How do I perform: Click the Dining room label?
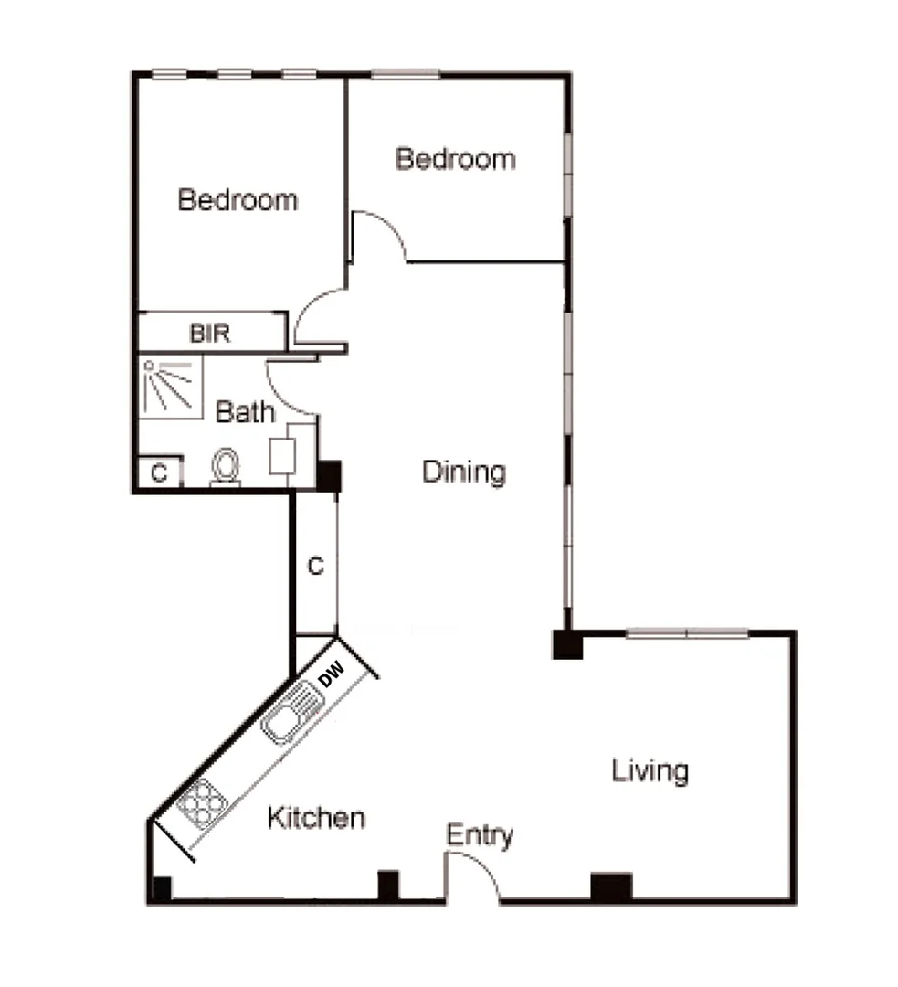tap(463, 472)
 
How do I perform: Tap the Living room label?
tap(650, 771)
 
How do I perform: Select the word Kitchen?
tap(316, 818)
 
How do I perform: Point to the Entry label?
tap(480, 835)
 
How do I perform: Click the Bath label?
tap(245, 412)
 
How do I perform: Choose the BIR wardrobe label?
tap(210, 334)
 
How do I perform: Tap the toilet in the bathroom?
tap(226, 466)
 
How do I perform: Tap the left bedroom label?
tap(238, 199)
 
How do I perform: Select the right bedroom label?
tap(455, 159)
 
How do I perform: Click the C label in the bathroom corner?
tap(159, 473)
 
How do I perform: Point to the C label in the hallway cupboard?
tap(315, 568)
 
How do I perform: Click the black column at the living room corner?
tap(566, 643)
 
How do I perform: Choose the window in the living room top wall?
tap(686, 632)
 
